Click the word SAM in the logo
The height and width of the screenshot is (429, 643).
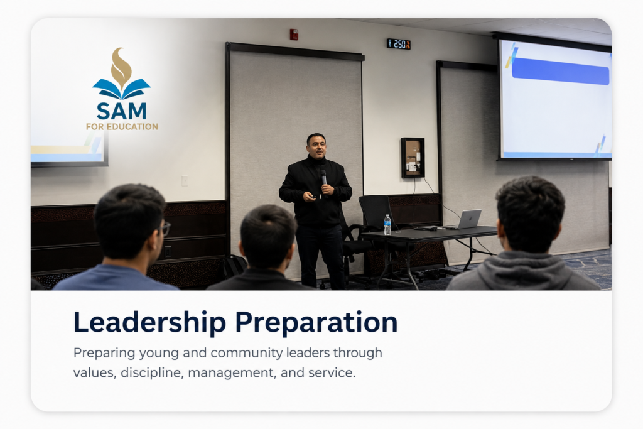pos(121,111)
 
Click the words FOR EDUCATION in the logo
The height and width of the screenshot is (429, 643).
pos(122,127)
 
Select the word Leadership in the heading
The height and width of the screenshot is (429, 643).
pos(149,322)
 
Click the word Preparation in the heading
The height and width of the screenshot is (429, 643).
pos(316,323)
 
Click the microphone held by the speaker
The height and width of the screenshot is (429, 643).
pos(323,177)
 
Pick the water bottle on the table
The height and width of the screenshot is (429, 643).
pos(387,224)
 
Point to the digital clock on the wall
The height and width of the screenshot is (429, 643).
pos(399,44)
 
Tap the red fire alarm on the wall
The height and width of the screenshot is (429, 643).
pos(294,35)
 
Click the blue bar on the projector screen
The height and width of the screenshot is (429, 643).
pos(560,72)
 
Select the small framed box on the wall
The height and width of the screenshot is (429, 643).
pos(413,158)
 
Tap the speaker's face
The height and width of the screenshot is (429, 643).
pos(316,146)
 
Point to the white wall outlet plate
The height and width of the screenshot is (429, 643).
pos(185,181)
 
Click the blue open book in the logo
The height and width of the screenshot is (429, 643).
pos(121,89)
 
